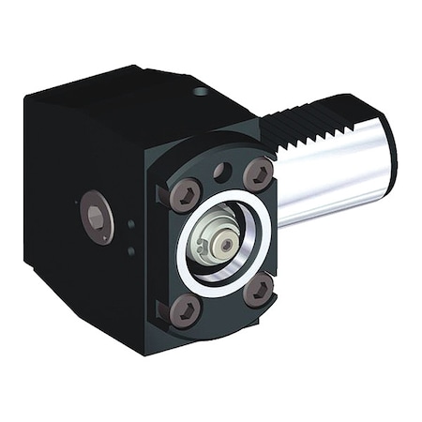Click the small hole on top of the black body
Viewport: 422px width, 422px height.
coord(200,92)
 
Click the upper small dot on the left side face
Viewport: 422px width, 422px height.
coord(131,223)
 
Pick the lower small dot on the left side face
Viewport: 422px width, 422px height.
coord(131,250)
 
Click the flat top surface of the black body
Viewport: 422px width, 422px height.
coord(131,94)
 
